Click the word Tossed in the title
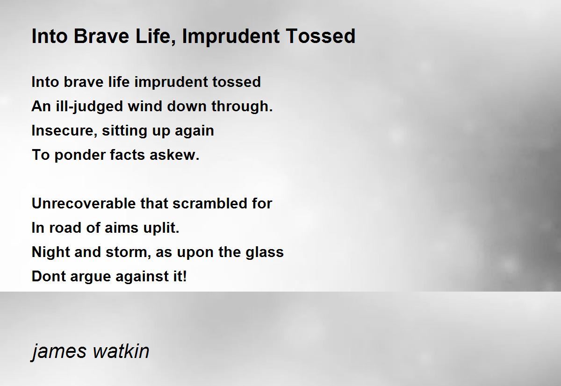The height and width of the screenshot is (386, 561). (321, 36)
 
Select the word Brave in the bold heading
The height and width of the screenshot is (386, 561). (101, 36)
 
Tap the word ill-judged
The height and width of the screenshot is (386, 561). (89, 107)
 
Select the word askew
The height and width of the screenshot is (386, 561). (174, 155)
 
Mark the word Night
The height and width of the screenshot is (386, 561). (51, 252)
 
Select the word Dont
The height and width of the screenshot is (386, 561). (49, 276)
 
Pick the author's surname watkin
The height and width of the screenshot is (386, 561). (121, 350)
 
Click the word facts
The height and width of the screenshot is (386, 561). (127, 155)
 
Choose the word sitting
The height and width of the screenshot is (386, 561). (124, 131)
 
